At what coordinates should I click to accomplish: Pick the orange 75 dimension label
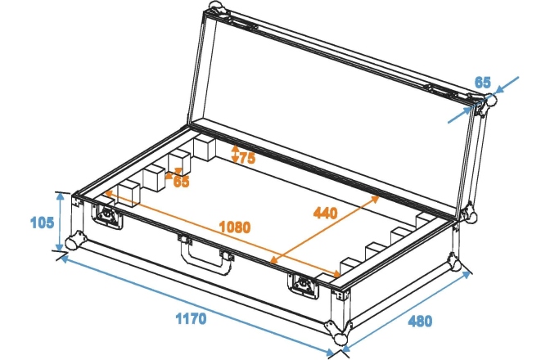246,157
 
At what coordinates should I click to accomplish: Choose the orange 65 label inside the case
180,182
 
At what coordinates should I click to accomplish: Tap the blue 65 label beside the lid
482,82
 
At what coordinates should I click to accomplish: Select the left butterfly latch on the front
106,214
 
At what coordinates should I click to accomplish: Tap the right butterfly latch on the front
300,283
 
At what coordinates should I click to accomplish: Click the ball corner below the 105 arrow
75,243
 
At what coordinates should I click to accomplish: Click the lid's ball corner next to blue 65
489,102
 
